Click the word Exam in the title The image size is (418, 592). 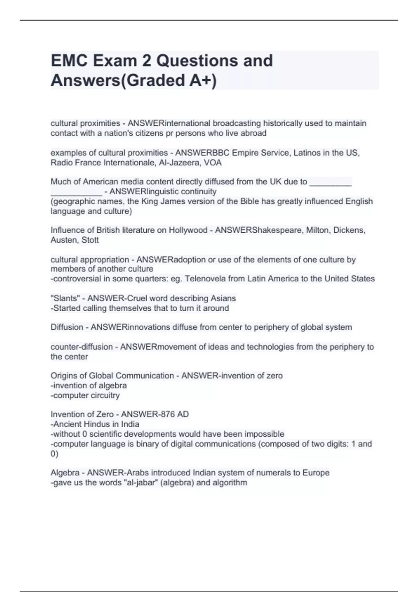point(117,61)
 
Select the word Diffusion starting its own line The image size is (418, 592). point(67,327)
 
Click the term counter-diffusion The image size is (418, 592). point(82,347)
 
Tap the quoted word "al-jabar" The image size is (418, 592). point(141,483)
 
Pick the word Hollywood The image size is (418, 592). point(188,230)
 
